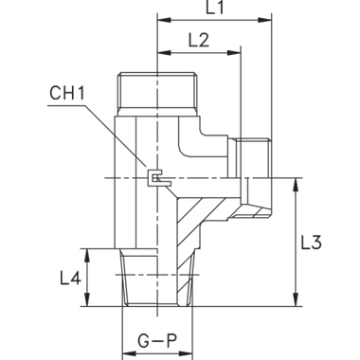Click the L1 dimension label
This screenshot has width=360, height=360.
[216, 9]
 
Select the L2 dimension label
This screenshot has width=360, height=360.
[197, 40]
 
